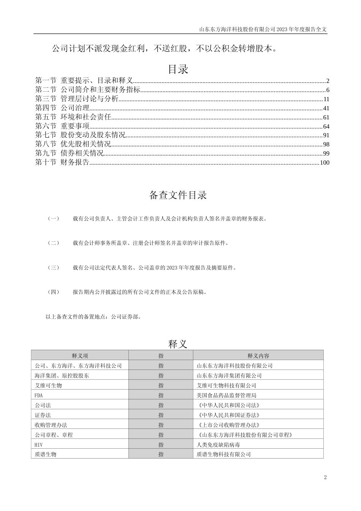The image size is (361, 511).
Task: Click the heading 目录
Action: (x=178, y=70)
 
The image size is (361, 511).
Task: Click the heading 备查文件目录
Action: (x=178, y=195)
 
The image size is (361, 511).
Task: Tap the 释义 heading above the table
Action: (x=178, y=344)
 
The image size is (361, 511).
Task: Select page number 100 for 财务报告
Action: (x=325, y=163)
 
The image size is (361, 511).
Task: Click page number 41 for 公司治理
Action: (x=326, y=108)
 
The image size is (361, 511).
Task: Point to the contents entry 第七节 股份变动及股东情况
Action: (x=80, y=135)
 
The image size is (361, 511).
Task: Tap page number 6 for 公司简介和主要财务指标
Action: (x=328, y=90)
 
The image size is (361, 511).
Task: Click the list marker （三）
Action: (x=53, y=268)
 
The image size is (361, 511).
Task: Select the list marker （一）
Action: (x=53, y=219)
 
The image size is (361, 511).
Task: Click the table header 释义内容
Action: (x=258, y=356)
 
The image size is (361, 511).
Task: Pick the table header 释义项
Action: (x=80, y=356)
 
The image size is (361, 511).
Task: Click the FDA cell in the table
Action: (x=39, y=395)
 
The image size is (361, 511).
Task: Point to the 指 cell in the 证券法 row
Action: (x=161, y=415)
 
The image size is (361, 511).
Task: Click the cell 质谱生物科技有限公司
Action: (x=224, y=454)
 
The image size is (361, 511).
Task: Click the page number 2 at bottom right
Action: (x=325, y=478)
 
